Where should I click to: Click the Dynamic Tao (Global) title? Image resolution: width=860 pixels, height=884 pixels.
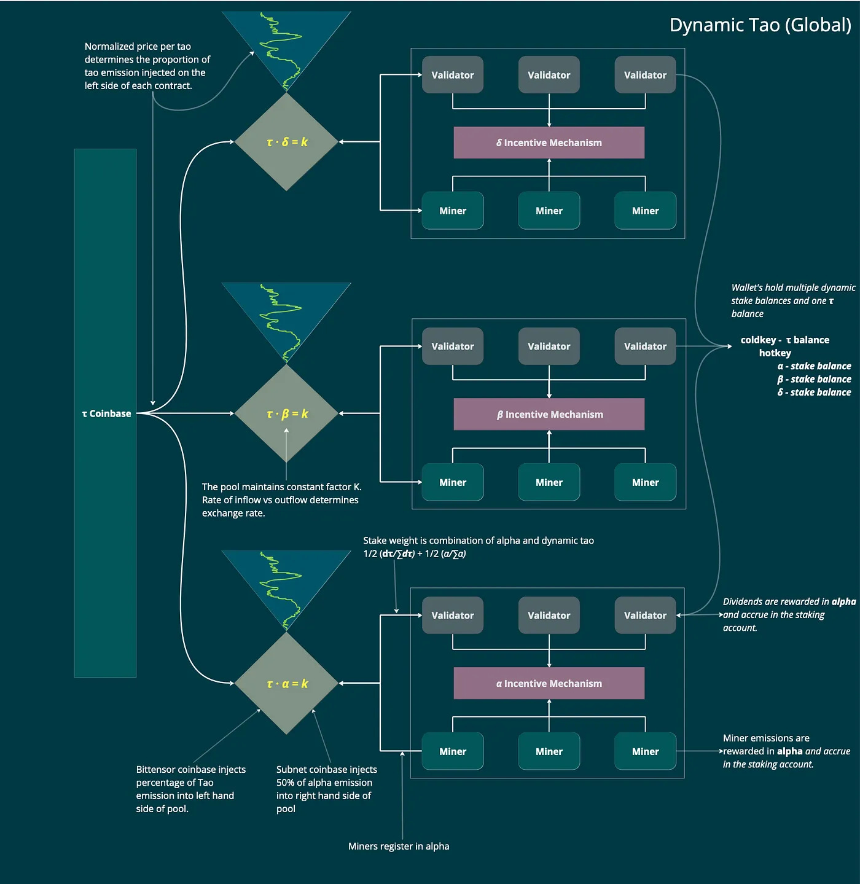tap(760, 25)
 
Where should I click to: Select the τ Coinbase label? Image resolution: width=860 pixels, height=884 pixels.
tap(106, 413)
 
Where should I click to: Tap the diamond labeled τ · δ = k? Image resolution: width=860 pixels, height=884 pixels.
tap(287, 142)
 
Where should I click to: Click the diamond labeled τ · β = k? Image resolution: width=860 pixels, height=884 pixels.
tap(287, 413)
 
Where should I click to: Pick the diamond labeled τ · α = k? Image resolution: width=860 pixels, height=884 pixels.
tap(287, 683)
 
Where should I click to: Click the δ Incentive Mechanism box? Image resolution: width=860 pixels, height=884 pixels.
tap(549, 143)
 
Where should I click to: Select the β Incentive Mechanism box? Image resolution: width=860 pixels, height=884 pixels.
tap(549, 414)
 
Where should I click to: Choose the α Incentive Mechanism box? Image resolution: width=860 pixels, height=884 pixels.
tap(549, 683)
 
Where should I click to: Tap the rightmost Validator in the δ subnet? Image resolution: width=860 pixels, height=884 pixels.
tap(645, 75)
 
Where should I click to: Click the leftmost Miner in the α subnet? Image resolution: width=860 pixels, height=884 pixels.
tap(453, 751)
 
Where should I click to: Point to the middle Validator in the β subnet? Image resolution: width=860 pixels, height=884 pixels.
tap(549, 346)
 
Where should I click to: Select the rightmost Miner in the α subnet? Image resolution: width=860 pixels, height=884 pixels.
tap(645, 751)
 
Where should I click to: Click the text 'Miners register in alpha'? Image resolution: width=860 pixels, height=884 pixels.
tap(399, 846)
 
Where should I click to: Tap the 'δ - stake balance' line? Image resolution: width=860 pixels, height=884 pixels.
tap(814, 392)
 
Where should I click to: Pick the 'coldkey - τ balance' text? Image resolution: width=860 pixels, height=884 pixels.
tap(784, 340)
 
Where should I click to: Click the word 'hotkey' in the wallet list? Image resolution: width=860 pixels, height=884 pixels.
tap(775, 353)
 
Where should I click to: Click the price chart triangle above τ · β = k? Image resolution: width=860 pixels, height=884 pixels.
tap(286, 316)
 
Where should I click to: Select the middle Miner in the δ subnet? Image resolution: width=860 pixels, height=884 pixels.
tap(549, 211)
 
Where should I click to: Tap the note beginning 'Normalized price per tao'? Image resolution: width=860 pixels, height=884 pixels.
tap(147, 66)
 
